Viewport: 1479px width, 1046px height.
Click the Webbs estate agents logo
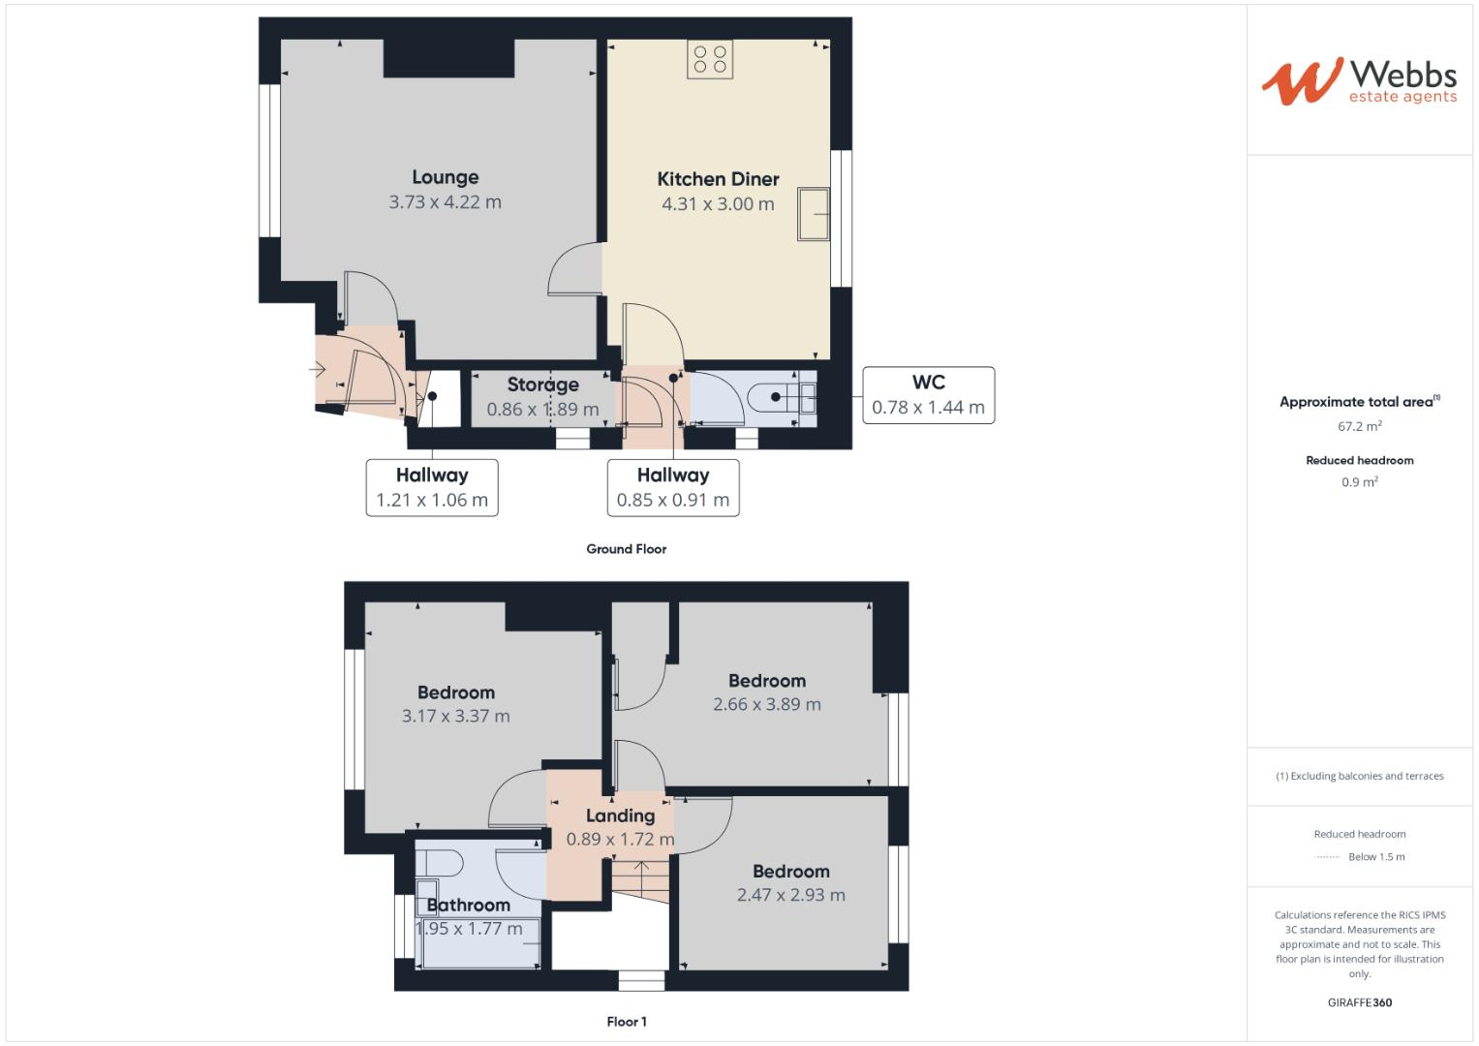(x=1358, y=81)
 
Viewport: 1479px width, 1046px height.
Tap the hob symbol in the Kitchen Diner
(x=710, y=58)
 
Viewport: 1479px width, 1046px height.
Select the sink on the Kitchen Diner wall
(x=814, y=214)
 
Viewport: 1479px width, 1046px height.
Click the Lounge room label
(x=445, y=177)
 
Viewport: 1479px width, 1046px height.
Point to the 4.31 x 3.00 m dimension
(x=718, y=204)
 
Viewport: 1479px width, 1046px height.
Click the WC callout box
(x=928, y=395)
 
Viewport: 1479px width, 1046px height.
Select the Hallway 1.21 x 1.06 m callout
(x=432, y=488)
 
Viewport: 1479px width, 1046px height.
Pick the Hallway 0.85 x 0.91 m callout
(x=673, y=488)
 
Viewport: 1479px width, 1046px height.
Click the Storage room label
(x=542, y=385)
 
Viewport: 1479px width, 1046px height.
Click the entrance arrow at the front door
(x=317, y=369)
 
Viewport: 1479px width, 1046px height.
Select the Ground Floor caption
(x=626, y=549)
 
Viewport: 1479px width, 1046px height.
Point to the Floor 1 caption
(x=627, y=1022)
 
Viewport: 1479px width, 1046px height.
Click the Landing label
(x=620, y=815)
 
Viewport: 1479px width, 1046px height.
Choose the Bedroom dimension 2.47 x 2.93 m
(x=790, y=895)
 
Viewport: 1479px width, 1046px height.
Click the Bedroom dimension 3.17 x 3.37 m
(x=455, y=717)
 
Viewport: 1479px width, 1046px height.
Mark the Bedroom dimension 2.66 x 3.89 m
(x=766, y=704)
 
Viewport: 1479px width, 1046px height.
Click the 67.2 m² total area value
(x=1359, y=426)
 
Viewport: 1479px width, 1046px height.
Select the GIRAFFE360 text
(x=1359, y=1002)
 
